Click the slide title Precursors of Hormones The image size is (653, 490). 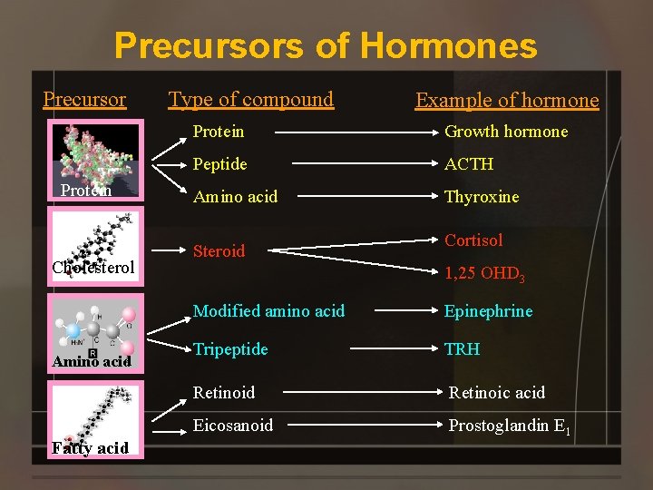(x=326, y=44)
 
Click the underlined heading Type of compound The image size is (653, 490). (x=251, y=99)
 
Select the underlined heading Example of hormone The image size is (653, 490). (x=507, y=100)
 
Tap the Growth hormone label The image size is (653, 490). (x=506, y=132)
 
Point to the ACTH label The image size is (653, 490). (x=469, y=164)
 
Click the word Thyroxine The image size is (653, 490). (x=482, y=197)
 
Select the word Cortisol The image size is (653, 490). (x=473, y=240)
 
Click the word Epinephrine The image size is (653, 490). (x=488, y=311)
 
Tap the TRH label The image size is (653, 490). (x=462, y=349)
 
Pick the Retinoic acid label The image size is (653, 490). (x=497, y=393)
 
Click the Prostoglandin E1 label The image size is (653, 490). (x=507, y=426)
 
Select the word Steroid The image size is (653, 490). (x=219, y=251)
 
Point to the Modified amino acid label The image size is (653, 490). (x=268, y=311)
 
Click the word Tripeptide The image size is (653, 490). (x=230, y=349)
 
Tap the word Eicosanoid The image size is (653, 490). (x=232, y=426)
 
